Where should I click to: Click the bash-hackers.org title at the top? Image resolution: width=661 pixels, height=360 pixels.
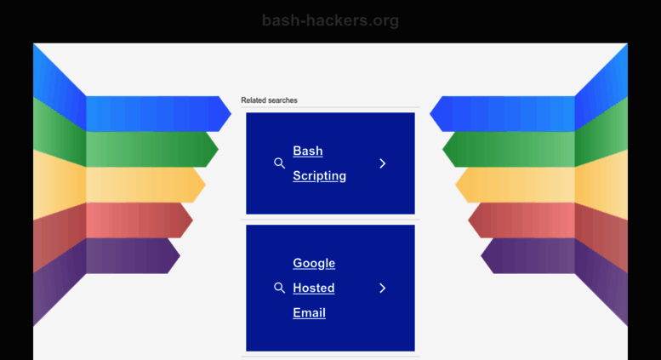coord(330,20)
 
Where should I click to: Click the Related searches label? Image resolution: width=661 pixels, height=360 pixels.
coord(269,100)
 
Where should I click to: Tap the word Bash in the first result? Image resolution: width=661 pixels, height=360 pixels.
coord(308,151)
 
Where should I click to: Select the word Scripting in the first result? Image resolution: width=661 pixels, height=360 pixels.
coord(320,176)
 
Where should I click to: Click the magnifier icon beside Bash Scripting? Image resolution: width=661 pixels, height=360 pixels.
coord(279,163)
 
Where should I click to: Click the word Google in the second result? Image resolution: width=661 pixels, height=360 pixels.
coord(314,264)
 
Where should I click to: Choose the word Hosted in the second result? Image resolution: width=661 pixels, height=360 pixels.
coord(314,288)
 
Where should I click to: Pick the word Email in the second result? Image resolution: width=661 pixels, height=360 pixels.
coord(309,313)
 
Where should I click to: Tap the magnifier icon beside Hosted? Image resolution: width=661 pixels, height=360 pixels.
coord(279,288)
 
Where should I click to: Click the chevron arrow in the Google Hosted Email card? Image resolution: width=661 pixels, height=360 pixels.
coord(382,288)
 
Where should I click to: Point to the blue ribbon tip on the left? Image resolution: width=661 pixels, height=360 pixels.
coord(231,113)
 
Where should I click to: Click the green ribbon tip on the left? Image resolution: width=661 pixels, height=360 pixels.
coord(218,149)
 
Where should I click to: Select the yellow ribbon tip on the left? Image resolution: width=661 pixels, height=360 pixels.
coord(205,185)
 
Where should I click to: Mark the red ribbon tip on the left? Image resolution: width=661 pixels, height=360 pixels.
coord(192,220)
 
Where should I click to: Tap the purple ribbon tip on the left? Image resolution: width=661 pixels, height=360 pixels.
coord(180,255)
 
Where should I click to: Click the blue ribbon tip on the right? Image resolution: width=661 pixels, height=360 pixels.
coord(430,113)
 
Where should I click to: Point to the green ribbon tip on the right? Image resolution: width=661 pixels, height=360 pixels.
coord(442,149)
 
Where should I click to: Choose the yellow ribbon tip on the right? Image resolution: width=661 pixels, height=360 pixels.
coord(456,185)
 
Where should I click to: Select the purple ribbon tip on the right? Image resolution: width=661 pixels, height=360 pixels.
coord(481,255)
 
